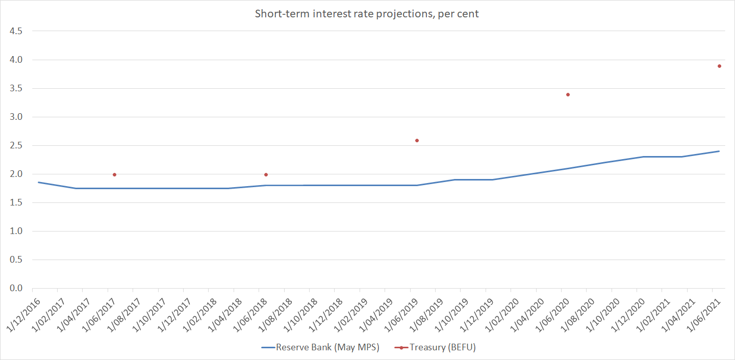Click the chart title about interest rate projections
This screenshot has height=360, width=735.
pos(367,14)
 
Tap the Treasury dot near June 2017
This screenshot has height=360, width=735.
pos(114,174)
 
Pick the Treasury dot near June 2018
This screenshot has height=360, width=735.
pos(266,174)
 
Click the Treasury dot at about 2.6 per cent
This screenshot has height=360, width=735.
pos(417,140)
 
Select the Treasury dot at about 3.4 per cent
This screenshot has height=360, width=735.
pos(568,94)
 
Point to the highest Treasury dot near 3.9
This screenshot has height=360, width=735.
pos(719,66)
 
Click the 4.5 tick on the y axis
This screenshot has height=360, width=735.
pos(16,31)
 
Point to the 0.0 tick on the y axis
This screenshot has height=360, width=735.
pos(16,288)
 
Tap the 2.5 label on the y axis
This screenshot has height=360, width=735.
pos(16,145)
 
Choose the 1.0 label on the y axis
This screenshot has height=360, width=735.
pos(16,231)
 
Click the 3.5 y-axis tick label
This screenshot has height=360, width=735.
pos(16,88)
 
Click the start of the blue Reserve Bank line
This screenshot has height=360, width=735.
pos(39,182)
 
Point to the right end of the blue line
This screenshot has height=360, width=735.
pos(719,151)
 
